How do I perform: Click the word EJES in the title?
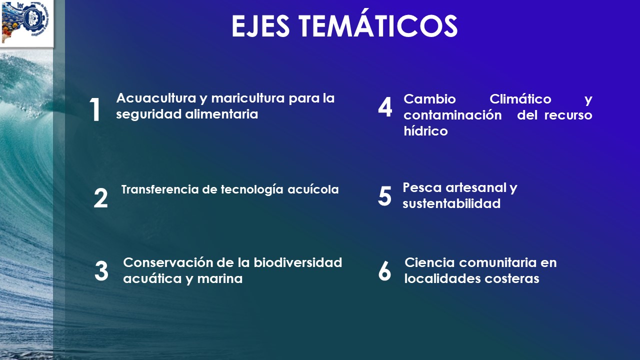260,26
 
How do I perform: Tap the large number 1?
95,109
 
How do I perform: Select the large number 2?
100,197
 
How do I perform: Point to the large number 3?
101,271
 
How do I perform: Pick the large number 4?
385,107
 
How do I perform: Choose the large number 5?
384,196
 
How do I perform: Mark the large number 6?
384,271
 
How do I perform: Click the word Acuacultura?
156,98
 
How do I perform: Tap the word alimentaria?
221,114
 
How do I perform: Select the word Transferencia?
160,189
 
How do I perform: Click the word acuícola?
313,189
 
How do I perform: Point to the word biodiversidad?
297,262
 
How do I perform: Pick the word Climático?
520,99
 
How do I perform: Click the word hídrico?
425,131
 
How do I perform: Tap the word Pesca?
422,187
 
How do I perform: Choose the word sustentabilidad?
451,203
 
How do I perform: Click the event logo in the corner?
26,22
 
